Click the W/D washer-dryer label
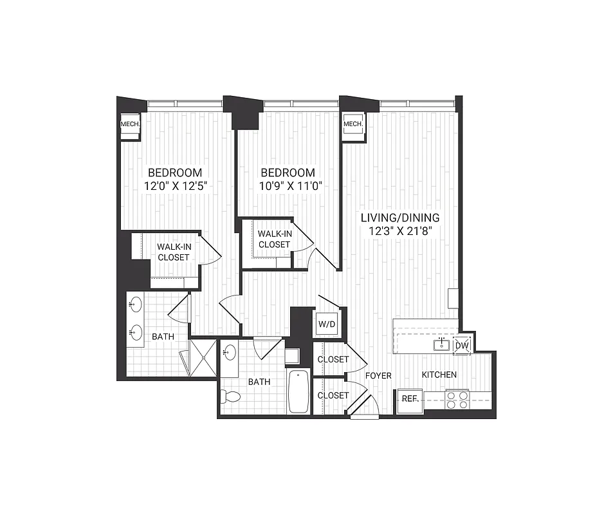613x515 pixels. pyautogui.click(x=327, y=324)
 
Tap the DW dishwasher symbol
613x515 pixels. pyautogui.click(x=462, y=346)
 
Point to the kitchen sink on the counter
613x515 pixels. pyautogui.click(x=442, y=345)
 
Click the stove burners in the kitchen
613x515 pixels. pyautogui.click(x=457, y=400)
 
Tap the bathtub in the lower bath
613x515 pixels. pyautogui.click(x=298, y=391)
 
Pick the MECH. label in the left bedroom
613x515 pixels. pyautogui.click(x=130, y=124)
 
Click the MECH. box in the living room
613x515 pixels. pyautogui.click(x=353, y=124)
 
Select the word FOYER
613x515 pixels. pyautogui.click(x=378, y=375)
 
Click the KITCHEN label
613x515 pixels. pyautogui.click(x=439, y=375)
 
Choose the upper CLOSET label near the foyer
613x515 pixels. pyautogui.click(x=333, y=359)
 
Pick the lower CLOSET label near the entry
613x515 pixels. pyautogui.click(x=333, y=395)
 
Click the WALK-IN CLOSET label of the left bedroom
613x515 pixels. pyautogui.click(x=174, y=251)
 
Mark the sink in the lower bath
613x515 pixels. pyautogui.click(x=230, y=353)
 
